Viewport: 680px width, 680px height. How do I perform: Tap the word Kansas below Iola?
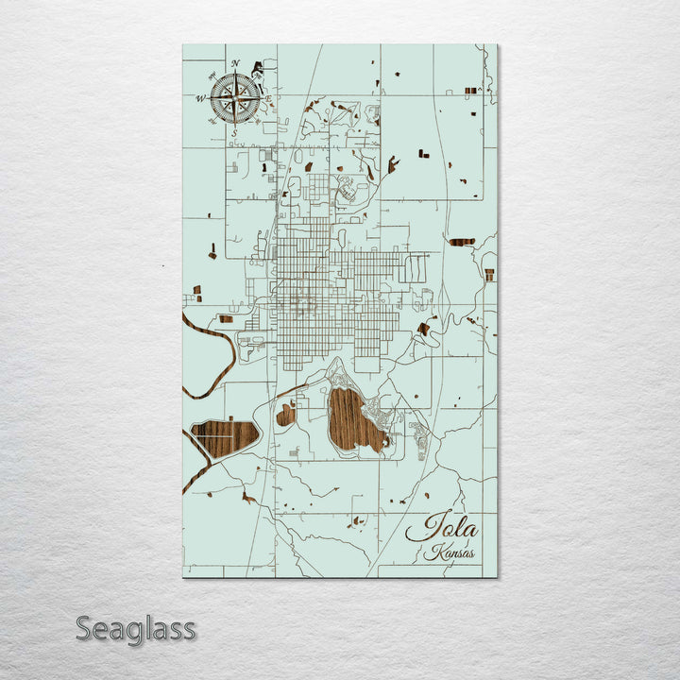(450, 553)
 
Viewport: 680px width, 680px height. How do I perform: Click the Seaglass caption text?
(136, 628)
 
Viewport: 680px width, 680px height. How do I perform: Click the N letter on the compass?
(235, 64)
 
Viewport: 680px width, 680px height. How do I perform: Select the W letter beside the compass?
(200, 97)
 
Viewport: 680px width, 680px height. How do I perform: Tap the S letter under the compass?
(234, 133)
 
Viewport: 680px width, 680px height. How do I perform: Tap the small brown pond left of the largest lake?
(286, 414)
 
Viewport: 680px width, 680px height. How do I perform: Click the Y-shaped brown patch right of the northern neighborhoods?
(392, 165)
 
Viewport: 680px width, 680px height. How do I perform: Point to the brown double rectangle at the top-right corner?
(470, 91)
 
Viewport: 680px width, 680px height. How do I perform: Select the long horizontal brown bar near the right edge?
(461, 242)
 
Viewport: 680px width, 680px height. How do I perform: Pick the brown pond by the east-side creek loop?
(423, 329)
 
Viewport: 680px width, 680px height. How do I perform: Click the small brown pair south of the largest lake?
(356, 519)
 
